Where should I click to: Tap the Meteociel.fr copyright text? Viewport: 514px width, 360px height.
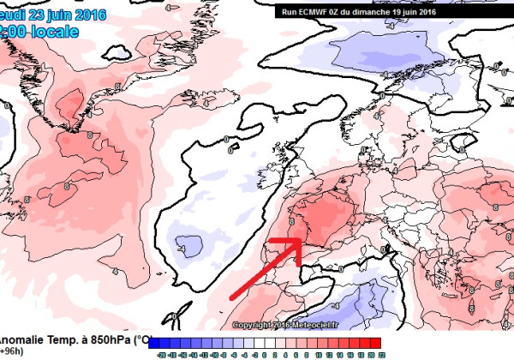pos(273,324)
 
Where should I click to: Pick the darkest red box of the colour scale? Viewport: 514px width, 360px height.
pos(374,342)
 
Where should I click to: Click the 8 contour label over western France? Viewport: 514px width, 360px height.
pos(293,220)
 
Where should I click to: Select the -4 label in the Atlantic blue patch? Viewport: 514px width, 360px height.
pos(182,249)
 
